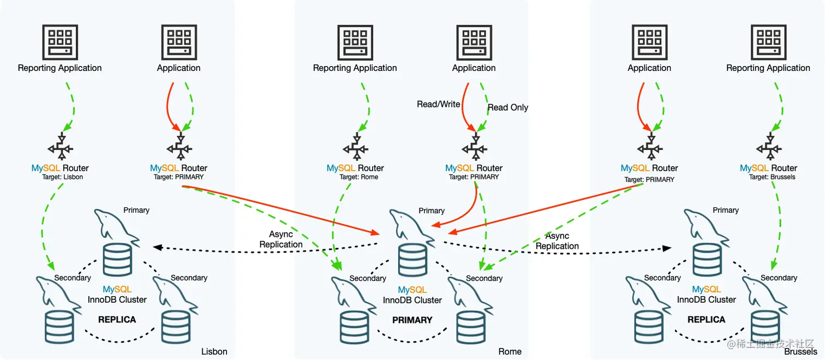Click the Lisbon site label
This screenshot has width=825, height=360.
[214, 351]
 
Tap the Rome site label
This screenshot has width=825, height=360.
[510, 351]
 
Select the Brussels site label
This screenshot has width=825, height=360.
[800, 352]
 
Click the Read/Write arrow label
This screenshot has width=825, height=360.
[438, 104]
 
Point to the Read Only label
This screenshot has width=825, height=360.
[508, 107]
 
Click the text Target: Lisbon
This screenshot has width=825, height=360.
[63, 177]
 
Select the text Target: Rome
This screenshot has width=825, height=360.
[358, 177]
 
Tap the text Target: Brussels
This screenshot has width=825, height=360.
[772, 177]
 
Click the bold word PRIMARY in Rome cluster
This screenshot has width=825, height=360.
[412, 320]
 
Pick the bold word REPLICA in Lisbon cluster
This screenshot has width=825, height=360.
[117, 320]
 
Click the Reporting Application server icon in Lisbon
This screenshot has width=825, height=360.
[60, 42]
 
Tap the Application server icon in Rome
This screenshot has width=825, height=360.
[474, 43]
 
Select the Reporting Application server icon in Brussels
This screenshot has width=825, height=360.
[769, 42]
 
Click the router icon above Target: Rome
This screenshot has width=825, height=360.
[355, 147]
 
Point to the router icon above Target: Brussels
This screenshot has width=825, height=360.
[769, 147]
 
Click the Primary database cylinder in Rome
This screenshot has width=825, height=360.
[412, 260]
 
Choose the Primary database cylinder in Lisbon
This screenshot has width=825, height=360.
[117, 260]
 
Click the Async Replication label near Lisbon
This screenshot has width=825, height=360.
[281, 239]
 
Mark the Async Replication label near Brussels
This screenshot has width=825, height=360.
[557, 241]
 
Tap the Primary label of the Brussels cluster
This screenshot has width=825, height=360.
[726, 210]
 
